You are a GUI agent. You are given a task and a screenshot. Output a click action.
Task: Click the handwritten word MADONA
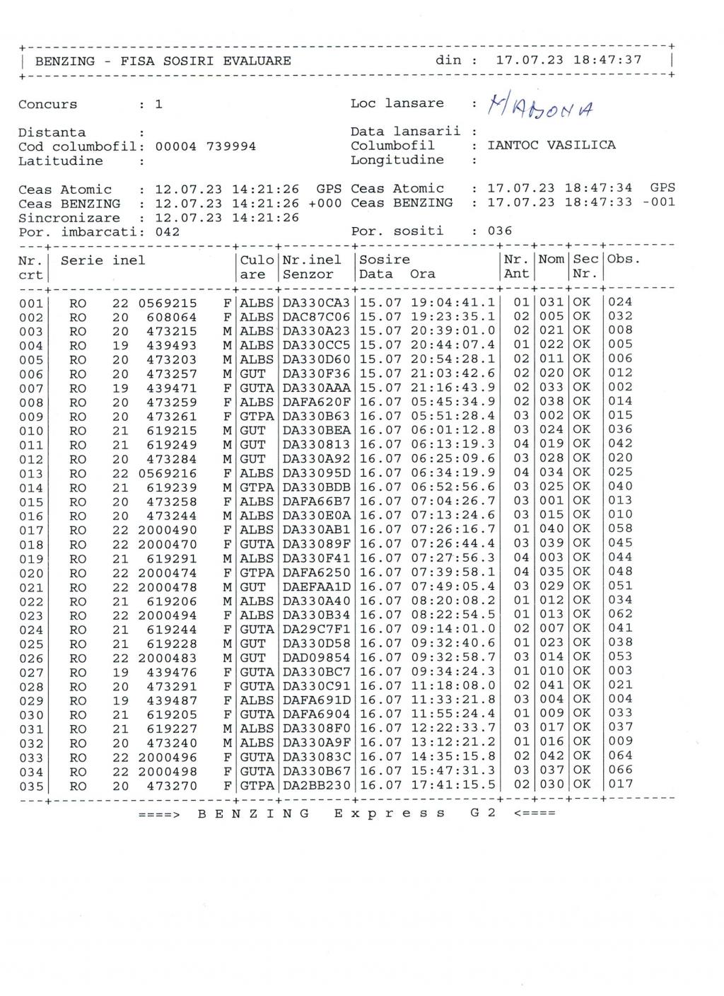tap(541, 108)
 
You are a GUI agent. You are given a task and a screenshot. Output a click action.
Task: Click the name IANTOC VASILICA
tap(551, 145)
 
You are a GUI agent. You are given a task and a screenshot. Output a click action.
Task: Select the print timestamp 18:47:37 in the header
tap(607, 60)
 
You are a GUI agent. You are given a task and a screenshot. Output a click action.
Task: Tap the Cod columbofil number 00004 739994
tap(205, 146)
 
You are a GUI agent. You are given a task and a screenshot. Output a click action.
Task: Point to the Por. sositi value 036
tap(500, 231)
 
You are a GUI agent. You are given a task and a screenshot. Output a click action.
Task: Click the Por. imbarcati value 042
tap(168, 232)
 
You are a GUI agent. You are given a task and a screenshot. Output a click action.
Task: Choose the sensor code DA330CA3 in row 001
tap(316, 303)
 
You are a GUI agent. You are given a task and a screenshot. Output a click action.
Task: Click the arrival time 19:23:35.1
tap(453, 317)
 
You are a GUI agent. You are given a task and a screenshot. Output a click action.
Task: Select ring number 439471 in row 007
tap(172, 388)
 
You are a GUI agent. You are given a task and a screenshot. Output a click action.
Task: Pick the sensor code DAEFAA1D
tap(316, 587)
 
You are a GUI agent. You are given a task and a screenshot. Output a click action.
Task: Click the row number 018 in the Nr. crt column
tap(31, 545)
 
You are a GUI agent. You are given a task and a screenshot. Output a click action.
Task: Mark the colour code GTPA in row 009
tap(257, 417)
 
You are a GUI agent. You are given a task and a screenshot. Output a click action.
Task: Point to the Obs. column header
tap(624, 260)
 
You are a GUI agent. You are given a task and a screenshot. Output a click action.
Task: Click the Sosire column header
tap(385, 260)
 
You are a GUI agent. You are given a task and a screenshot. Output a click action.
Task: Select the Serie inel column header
tap(103, 260)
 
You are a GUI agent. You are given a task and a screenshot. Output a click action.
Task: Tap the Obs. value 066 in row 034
tap(620, 770)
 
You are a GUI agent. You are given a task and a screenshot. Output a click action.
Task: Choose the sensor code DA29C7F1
tap(316, 630)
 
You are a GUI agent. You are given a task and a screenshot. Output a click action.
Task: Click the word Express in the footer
tap(390, 813)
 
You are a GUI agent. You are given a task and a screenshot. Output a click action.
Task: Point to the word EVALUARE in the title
tap(257, 61)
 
